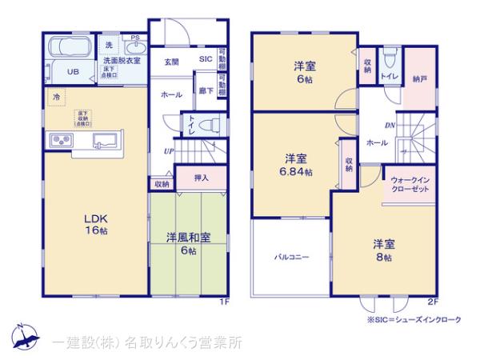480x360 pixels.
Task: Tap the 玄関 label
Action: click(x=171, y=62)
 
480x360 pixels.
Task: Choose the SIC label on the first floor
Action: click(x=205, y=58)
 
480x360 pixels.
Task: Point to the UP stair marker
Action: click(x=170, y=150)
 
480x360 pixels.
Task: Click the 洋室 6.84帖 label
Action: click(x=297, y=164)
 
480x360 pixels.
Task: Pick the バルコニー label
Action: click(x=292, y=257)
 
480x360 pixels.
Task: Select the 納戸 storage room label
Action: click(x=421, y=79)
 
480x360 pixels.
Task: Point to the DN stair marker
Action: click(x=390, y=124)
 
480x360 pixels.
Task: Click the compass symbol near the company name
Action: click(x=25, y=336)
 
